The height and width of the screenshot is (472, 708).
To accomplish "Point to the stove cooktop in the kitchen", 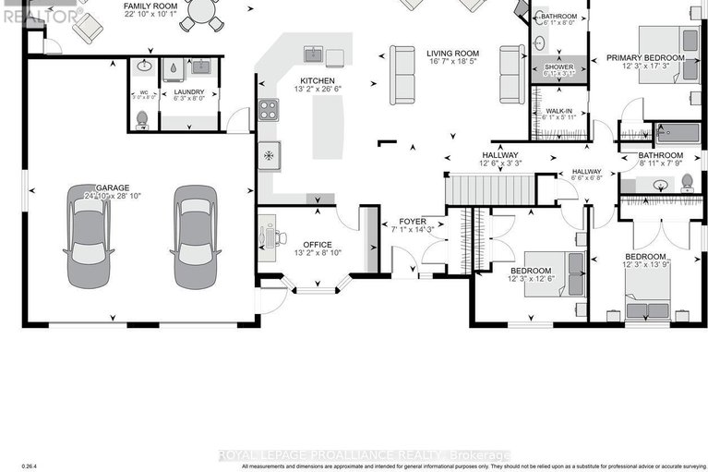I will [268, 111].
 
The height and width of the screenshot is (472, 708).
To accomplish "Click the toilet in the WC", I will [140, 119].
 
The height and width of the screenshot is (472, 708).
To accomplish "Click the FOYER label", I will [412, 222].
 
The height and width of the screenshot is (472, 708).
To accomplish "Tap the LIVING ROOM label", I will [451, 54].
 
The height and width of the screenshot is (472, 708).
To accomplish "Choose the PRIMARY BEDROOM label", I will [645, 58].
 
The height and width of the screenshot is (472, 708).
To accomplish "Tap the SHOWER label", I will [558, 67].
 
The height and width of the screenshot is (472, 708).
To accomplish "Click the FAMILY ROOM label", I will [151, 6].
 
